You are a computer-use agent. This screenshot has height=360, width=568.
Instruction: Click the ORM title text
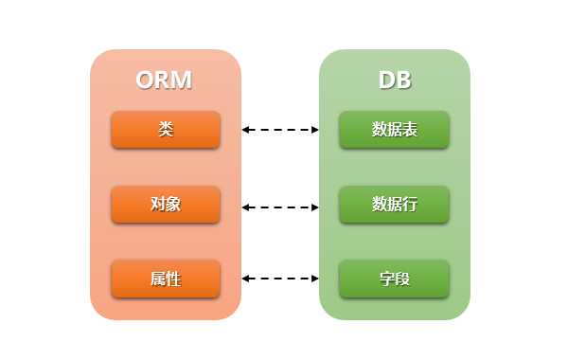tap(164, 80)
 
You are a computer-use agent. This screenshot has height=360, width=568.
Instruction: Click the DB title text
tap(395, 80)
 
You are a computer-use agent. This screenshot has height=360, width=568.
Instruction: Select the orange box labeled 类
tap(166, 130)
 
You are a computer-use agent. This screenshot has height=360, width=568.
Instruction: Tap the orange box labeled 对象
tap(166, 205)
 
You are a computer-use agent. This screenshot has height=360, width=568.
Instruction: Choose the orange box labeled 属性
tap(166, 279)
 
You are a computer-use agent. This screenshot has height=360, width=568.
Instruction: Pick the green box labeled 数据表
tap(395, 130)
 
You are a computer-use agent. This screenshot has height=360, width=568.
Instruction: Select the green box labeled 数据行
tap(395, 205)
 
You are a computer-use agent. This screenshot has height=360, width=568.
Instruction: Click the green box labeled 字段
tap(395, 279)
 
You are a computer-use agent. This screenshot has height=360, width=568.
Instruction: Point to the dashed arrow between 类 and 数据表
tap(280, 130)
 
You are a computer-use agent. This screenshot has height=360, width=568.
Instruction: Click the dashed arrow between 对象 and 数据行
tap(280, 205)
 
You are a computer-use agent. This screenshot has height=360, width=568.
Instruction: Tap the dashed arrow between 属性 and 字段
tap(280, 279)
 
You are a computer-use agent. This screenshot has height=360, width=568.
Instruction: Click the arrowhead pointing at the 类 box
tap(245, 130)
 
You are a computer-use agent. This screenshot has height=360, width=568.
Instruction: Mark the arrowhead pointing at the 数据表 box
tap(315, 130)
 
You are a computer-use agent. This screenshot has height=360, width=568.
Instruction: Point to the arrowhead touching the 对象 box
tap(245, 205)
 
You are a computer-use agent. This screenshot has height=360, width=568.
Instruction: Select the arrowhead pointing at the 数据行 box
tap(315, 205)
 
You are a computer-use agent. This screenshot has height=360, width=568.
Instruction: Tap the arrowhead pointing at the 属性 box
tap(245, 279)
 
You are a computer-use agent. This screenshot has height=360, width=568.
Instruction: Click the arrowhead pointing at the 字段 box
tap(315, 279)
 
